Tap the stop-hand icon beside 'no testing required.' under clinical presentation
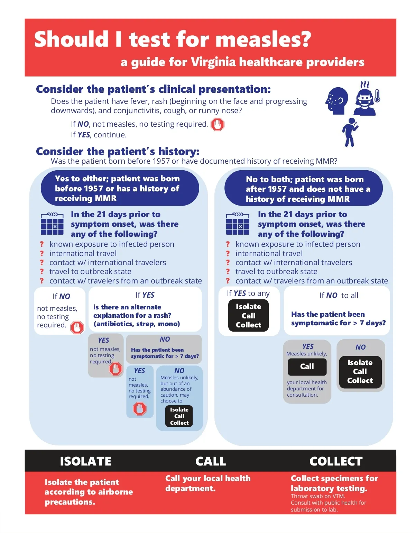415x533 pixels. (217, 124)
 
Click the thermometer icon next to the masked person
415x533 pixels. (377, 96)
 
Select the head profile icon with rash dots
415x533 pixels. (337, 101)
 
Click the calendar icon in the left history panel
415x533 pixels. (52, 224)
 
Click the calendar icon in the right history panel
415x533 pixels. (237, 224)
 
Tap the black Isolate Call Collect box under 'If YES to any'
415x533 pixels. (248, 315)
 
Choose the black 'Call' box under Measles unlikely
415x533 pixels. (307, 367)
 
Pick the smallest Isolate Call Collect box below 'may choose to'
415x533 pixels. (179, 416)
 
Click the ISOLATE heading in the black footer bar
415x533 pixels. (85, 461)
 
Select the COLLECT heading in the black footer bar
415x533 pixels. (336, 461)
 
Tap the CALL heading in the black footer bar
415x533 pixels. (211, 461)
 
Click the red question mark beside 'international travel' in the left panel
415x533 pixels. (42, 253)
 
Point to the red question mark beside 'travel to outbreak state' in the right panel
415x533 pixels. (228, 272)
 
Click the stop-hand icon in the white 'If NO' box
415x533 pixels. (77, 327)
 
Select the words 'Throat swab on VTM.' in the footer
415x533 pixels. (318, 496)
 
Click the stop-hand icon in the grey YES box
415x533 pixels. (116, 369)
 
